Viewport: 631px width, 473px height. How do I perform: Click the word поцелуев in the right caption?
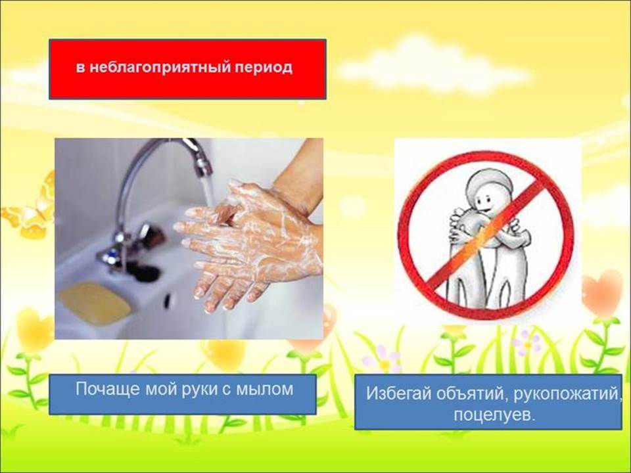pos(494,415)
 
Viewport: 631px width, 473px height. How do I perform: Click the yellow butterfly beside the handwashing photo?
pos(29,209)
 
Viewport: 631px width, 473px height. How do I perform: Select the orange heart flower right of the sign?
pos(603,293)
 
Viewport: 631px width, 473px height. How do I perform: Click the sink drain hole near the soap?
pos(166,301)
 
